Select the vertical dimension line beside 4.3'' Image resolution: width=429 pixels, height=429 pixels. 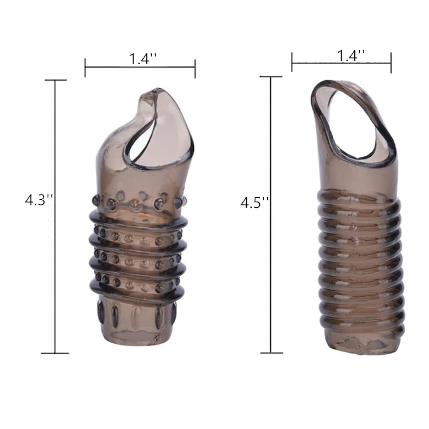tap(55, 217)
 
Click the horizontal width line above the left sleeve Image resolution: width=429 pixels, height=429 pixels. tap(140, 67)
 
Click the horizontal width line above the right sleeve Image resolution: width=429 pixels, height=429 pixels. tap(341, 62)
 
